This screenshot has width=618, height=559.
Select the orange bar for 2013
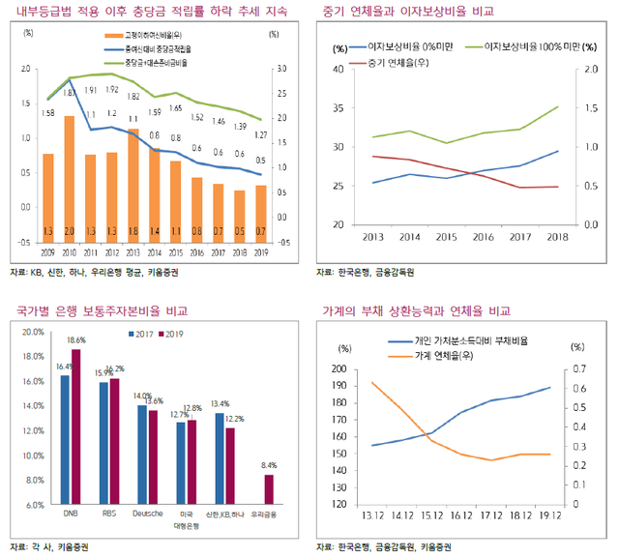pos(133,184)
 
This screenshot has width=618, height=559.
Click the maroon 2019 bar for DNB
pos(76,427)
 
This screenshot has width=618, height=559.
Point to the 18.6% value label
pos(77,340)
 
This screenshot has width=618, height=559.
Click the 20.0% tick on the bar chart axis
pos(33,332)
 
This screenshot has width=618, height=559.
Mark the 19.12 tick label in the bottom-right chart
pos(551,517)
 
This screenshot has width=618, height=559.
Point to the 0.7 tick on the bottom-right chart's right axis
pos(578,369)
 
